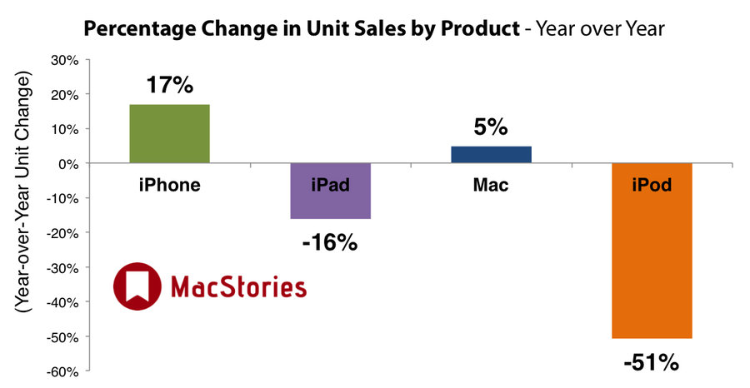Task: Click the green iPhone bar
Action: (x=169, y=134)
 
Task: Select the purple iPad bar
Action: (x=331, y=192)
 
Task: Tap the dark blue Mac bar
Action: (x=491, y=155)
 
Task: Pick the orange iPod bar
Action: (x=652, y=251)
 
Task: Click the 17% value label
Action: (x=170, y=85)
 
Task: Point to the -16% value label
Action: (x=330, y=243)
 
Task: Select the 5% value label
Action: (x=491, y=127)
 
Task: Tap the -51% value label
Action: (x=652, y=363)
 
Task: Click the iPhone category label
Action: (x=170, y=185)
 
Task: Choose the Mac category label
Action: (x=491, y=185)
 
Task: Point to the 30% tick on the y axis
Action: (x=66, y=60)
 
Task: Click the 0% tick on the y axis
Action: (x=69, y=164)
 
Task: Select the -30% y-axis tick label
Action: (x=63, y=267)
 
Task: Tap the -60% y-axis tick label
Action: (x=63, y=371)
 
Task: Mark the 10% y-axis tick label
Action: (x=66, y=129)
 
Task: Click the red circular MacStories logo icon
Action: (x=137, y=286)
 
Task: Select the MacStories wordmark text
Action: (x=238, y=286)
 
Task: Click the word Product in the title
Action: (x=480, y=28)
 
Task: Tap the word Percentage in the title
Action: (x=140, y=28)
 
